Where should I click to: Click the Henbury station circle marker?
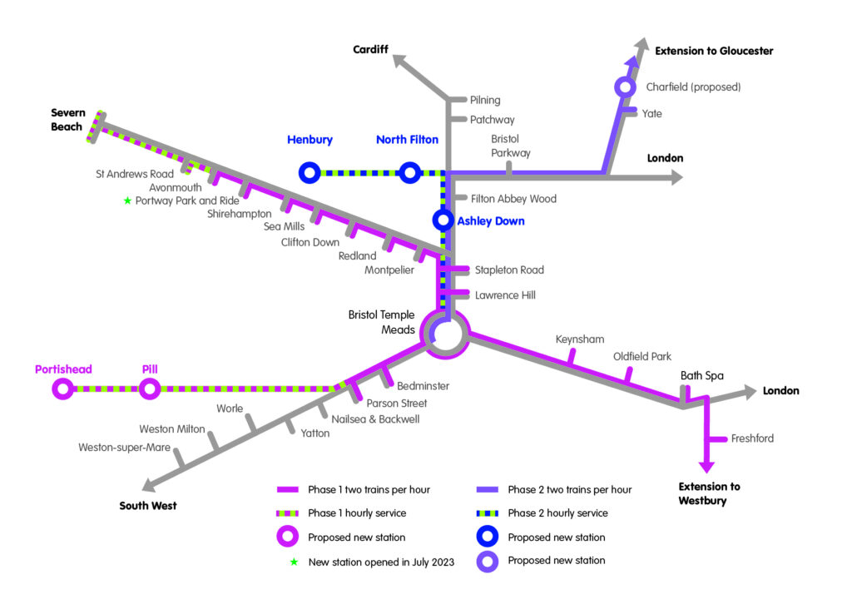310,172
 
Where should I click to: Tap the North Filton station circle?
409,172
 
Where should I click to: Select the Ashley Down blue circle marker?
443,220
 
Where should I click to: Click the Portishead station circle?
62,388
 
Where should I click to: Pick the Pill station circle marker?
149,388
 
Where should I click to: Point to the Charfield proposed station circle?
624,87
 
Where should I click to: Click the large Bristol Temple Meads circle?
445,334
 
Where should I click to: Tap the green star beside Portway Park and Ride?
127,201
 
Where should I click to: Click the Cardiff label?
371,50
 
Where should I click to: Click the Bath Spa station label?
702,376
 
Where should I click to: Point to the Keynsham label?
580,339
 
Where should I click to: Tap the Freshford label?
753,438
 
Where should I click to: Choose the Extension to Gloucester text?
714,51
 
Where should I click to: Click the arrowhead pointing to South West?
150,487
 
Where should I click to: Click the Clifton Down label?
310,242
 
